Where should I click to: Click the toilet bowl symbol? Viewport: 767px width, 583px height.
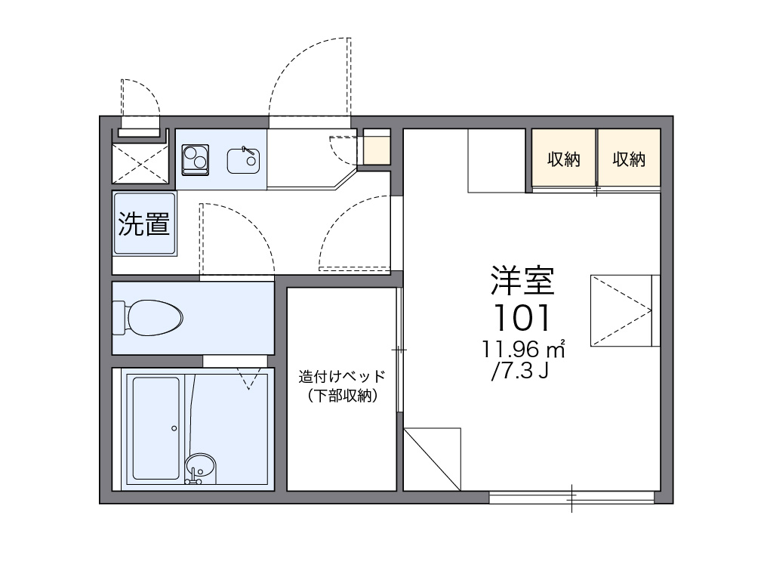154,318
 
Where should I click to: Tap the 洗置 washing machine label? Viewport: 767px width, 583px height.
143,224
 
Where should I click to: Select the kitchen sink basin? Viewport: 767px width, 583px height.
243,161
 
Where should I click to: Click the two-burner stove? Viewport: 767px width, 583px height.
196,159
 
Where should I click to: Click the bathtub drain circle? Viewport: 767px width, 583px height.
174,428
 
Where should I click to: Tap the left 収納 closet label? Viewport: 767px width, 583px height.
563,159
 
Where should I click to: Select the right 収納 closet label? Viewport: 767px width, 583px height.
629,159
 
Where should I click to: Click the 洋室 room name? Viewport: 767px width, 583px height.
522,280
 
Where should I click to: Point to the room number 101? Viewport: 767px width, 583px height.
522,318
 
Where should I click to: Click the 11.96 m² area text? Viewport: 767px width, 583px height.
523,349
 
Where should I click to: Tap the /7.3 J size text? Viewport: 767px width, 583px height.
519,372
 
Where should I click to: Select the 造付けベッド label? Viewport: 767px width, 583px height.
342,376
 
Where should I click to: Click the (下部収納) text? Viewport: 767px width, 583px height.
342,396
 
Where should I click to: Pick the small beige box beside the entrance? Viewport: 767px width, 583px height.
377,147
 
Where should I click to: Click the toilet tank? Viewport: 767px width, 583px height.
119,318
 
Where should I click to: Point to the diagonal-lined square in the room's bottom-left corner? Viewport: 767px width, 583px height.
433,459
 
